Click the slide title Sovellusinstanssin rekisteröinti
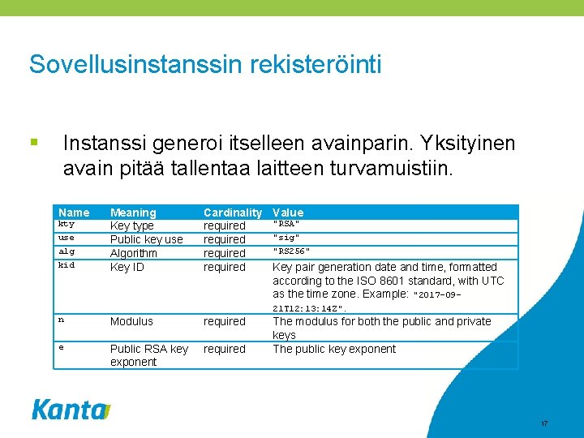coord(204,64)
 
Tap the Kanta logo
coord(71,410)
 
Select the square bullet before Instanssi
coord(33,143)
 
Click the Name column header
coord(74,213)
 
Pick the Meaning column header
coord(133,213)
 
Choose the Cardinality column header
coord(232,213)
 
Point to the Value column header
coord(288,213)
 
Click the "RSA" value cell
coord(286,223)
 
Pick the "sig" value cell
coord(286,237)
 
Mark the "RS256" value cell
coord(291,251)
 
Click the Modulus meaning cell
coord(131,321)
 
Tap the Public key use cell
coord(146,239)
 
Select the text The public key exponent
coord(334,349)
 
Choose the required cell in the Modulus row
coord(224,321)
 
